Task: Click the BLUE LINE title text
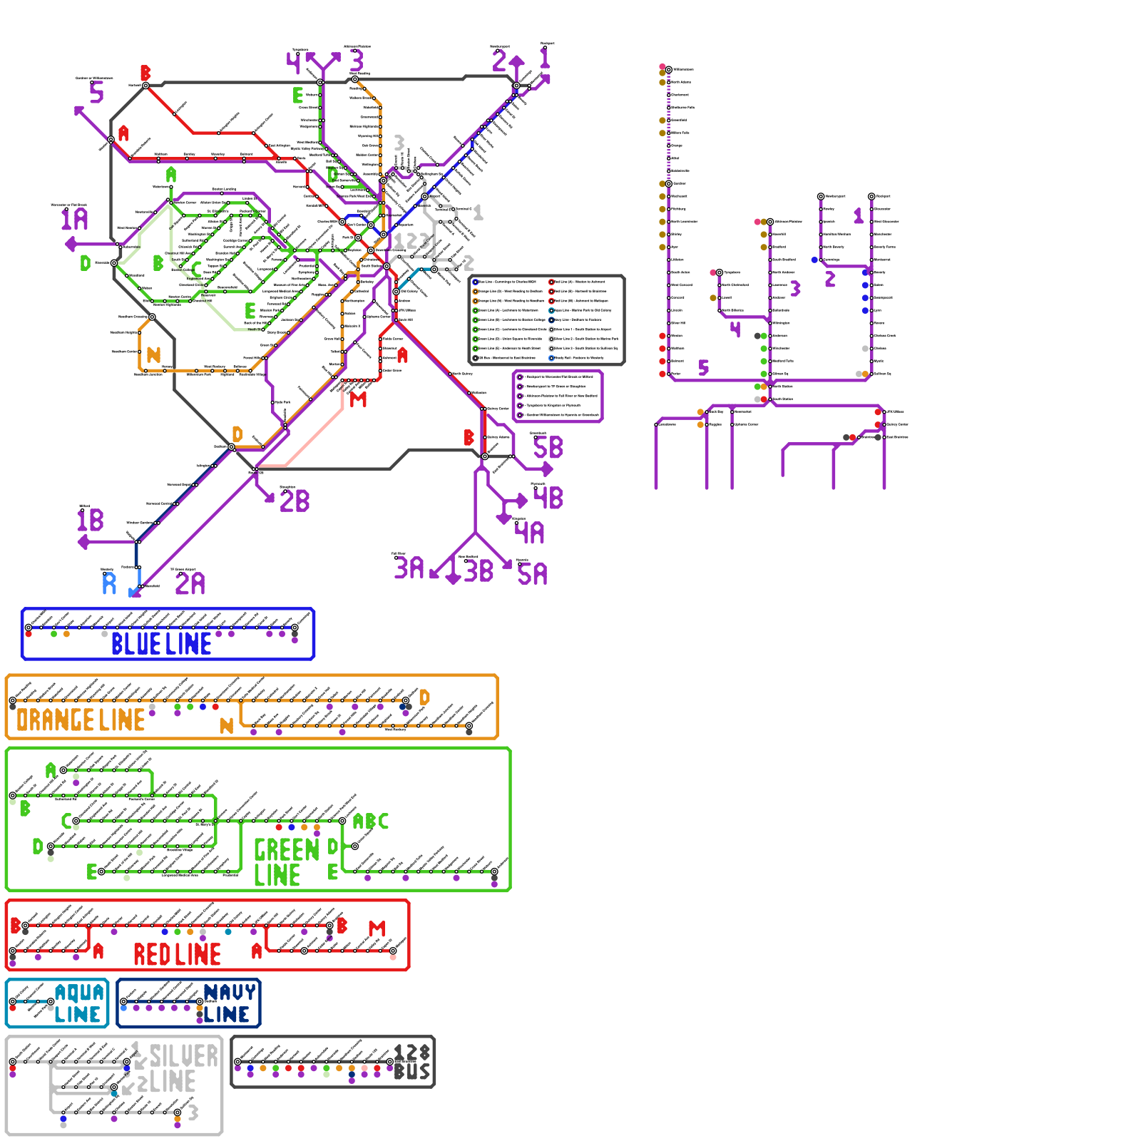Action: tap(161, 644)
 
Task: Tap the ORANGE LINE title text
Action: tap(81, 720)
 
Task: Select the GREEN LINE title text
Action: tap(285, 862)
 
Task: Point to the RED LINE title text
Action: tap(177, 954)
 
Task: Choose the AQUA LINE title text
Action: tap(79, 1003)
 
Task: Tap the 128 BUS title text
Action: tap(412, 1063)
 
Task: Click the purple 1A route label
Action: tap(74, 219)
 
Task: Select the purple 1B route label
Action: tap(91, 520)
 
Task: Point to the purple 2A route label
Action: tap(190, 584)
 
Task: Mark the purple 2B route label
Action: tap(295, 501)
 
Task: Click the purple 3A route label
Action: tap(409, 568)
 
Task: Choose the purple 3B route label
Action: tap(479, 571)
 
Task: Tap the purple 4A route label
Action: tap(530, 533)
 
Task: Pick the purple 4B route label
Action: tap(548, 498)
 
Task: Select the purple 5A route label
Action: tap(533, 574)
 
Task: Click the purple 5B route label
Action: tap(548, 448)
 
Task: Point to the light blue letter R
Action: tap(109, 583)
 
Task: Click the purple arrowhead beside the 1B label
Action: tap(83, 543)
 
